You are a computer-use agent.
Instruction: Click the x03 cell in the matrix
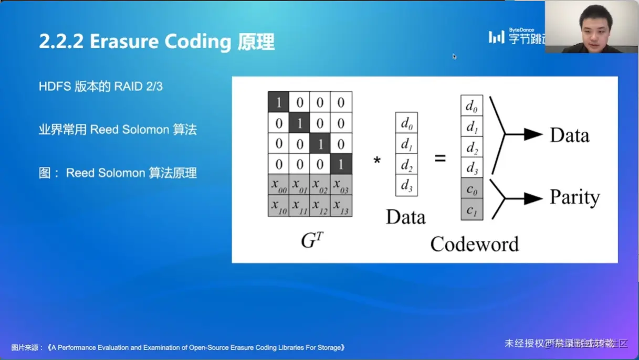coord(341,185)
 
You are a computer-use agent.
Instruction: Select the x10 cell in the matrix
coord(278,206)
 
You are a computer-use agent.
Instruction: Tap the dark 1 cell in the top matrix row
coord(278,102)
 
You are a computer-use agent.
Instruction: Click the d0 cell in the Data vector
coord(406,123)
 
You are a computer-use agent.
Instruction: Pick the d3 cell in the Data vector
coord(406,186)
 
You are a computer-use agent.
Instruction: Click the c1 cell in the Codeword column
coord(472,209)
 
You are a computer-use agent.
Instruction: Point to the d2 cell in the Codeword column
coord(472,147)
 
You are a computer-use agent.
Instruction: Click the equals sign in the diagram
coord(440,158)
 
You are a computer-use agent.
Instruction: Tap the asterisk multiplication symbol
coord(377,160)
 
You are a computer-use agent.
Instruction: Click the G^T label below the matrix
coord(312,240)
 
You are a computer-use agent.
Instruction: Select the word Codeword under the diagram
coord(474,244)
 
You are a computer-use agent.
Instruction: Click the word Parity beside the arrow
coord(574,198)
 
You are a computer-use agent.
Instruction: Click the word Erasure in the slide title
coord(123,42)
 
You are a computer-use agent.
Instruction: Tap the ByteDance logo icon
coord(496,37)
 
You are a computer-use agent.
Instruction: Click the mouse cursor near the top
coord(454,56)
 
